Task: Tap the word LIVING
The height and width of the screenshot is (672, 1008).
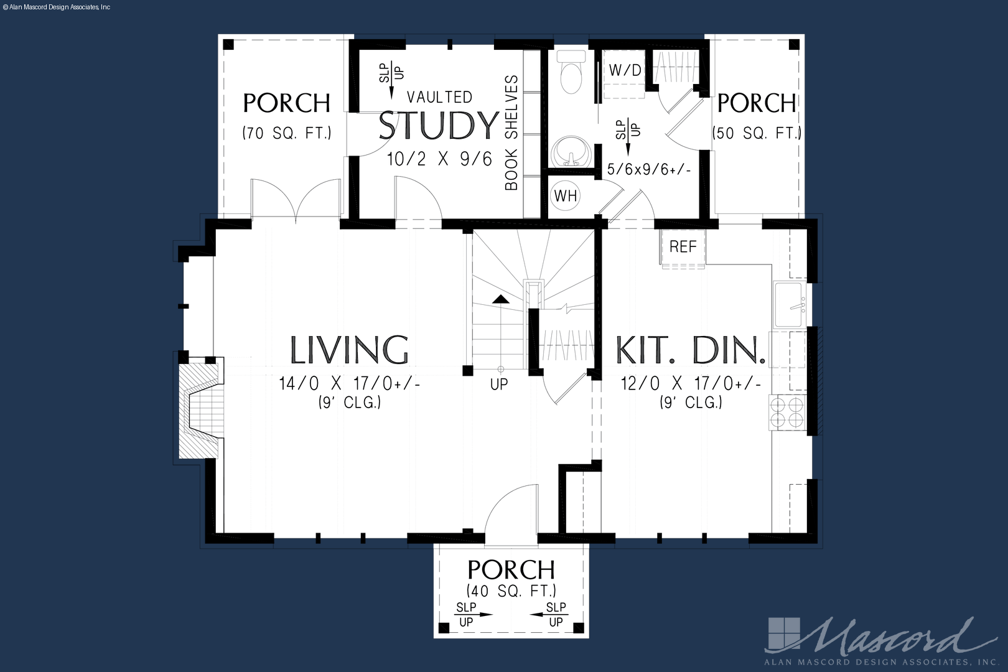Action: pos(349,350)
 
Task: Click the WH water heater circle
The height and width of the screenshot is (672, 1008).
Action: pos(565,196)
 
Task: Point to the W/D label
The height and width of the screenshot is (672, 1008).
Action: pos(625,70)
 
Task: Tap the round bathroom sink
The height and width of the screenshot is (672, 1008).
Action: pos(571,151)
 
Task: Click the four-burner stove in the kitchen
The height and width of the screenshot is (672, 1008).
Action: pos(787,411)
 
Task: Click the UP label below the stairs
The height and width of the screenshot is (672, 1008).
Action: pos(499,384)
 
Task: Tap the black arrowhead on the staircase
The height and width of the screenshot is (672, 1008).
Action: pos(501,299)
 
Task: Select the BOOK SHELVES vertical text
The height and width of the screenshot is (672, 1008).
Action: pos(511,133)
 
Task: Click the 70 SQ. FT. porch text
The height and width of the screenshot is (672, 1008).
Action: pos(287,133)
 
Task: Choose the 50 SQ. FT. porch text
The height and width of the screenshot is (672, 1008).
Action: pos(757,133)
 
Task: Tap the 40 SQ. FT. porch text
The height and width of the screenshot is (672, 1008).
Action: pos(511,590)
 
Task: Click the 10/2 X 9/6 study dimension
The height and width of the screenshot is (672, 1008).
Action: pos(439,159)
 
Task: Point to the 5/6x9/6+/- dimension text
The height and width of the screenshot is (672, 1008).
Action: pos(649,170)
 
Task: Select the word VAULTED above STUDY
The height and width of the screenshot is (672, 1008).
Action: pos(439,97)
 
